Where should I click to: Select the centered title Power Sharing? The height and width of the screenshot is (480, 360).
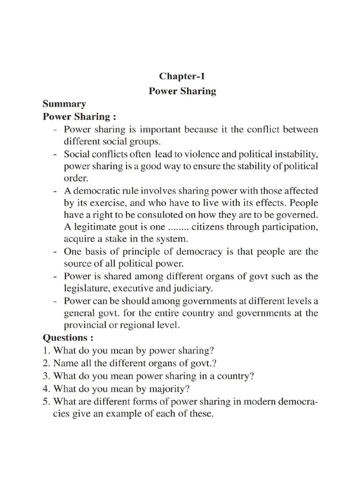182,91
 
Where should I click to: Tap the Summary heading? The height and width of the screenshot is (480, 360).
64,104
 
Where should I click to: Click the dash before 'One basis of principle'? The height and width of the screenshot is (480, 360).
55,252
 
